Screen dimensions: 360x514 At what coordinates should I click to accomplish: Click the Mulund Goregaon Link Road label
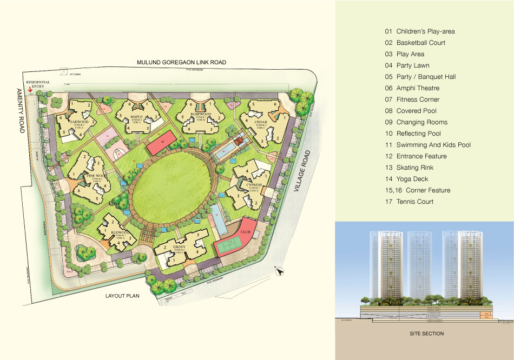coord(181,63)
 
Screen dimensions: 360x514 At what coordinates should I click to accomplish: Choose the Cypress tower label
coord(254,185)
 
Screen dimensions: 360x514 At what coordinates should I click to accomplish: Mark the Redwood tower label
coord(118,234)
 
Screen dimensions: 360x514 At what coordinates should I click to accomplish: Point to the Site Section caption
coord(427,334)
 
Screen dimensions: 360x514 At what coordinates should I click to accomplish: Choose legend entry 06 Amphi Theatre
coord(417,88)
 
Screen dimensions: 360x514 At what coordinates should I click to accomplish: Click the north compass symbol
coord(279,272)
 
